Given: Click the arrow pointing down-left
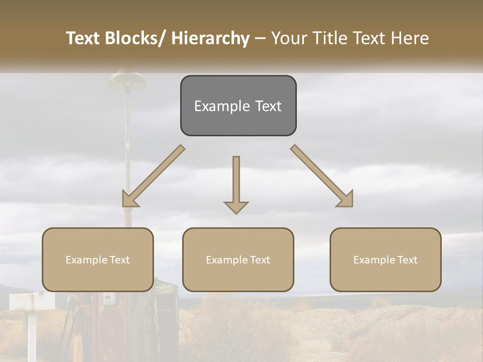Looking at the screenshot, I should (153, 176).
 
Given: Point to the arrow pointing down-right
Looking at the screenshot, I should (322, 176).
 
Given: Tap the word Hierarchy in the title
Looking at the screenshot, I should (210, 39).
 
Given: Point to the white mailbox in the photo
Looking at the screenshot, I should (31, 301).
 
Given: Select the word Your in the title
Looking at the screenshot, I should (288, 38).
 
